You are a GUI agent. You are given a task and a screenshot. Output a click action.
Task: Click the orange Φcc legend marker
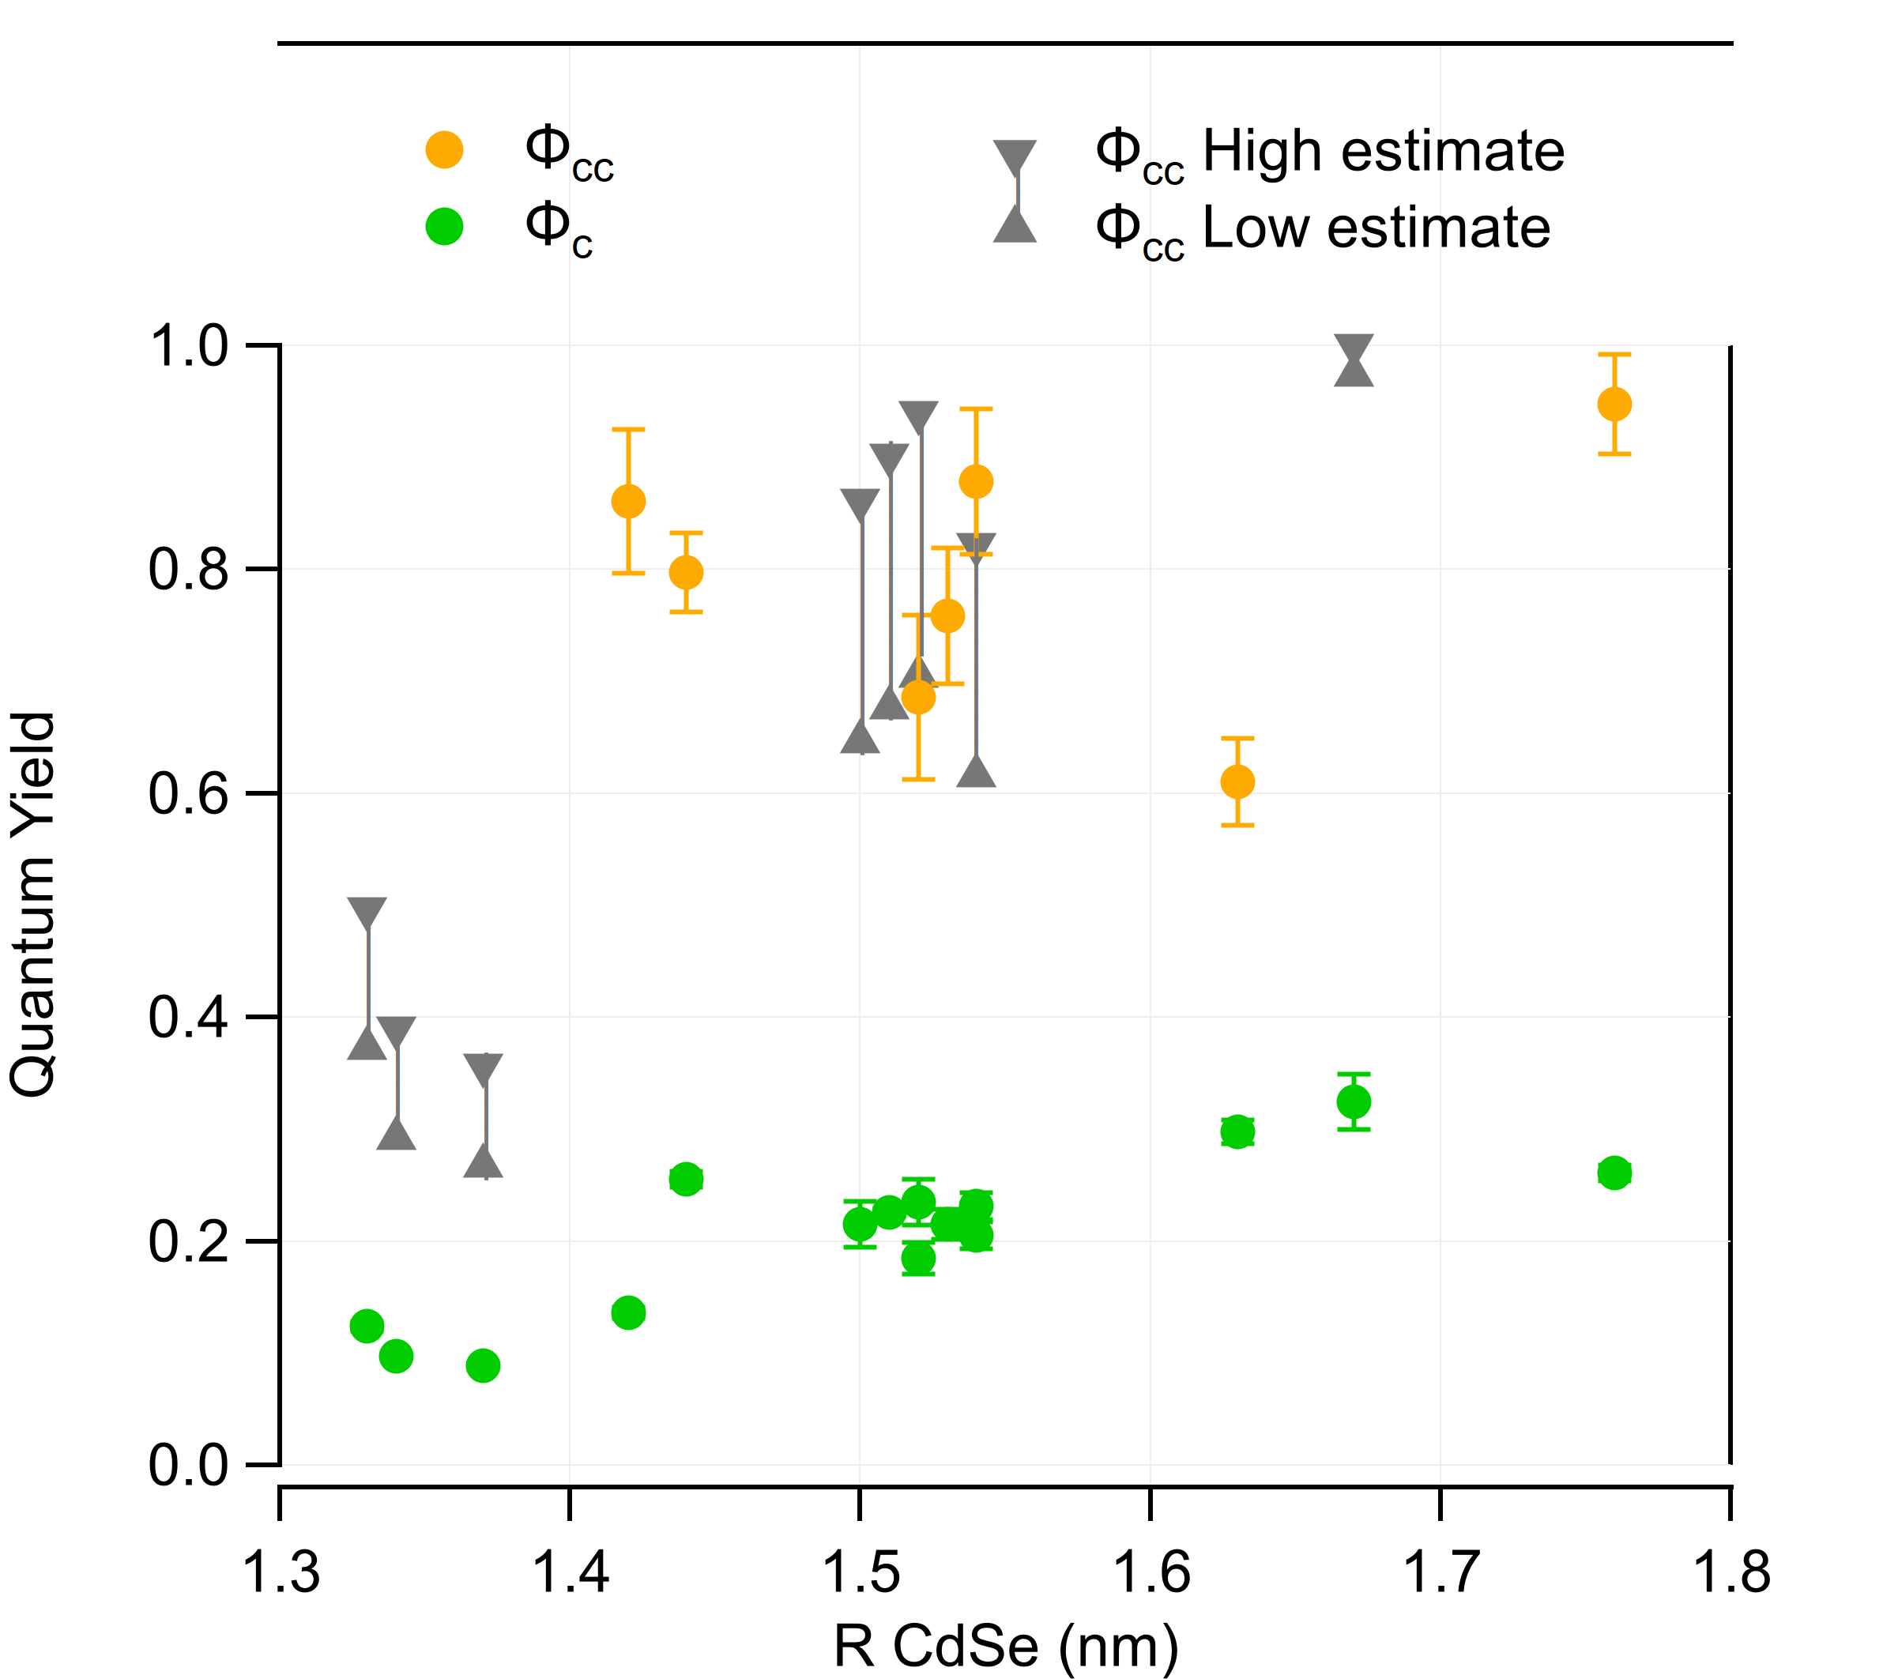[444, 149]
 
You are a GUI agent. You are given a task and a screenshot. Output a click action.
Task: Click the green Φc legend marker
[444, 226]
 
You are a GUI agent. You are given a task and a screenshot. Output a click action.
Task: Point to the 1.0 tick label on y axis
[188, 347]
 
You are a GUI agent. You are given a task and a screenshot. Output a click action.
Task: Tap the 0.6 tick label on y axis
[188, 794]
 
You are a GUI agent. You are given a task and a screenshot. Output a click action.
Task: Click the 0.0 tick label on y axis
[188, 1465]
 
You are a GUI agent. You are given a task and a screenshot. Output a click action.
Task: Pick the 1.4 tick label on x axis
[571, 1573]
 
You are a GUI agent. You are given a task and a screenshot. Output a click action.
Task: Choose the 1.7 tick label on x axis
[1441, 1573]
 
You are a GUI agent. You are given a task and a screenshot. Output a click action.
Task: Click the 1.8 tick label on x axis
[1730, 1573]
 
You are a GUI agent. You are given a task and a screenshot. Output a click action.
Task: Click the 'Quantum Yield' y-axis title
[33, 904]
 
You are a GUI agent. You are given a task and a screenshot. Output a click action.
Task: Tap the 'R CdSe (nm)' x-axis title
[1006, 1646]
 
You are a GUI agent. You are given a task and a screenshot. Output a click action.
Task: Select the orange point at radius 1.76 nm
[1614, 404]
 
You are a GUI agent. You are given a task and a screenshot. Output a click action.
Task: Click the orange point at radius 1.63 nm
[1237, 782]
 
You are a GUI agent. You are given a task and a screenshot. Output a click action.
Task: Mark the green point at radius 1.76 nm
[1614, 1173]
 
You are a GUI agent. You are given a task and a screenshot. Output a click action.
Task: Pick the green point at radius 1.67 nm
[1354, 1101]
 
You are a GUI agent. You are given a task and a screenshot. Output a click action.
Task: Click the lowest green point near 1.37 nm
[484, 1365]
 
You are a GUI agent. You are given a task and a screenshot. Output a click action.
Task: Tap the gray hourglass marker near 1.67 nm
[1354, 360]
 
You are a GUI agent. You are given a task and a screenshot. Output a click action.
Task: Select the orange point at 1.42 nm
[628, 502]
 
